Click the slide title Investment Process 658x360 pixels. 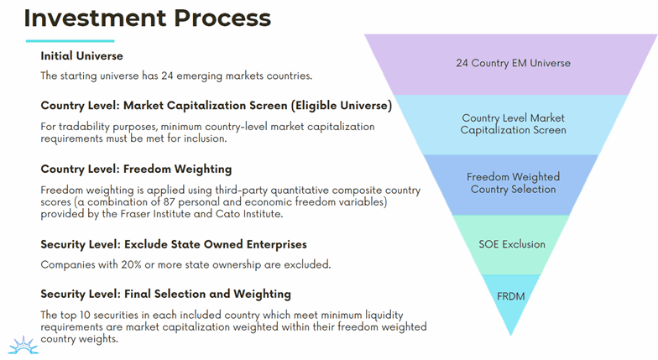click(x=147, y=18)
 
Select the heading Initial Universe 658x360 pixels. click(x=81, y=56)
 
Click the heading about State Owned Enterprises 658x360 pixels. click(x=173, y=244)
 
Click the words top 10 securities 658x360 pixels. click(x=101, y=315)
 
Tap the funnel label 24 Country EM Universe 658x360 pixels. click(x=512, y=63)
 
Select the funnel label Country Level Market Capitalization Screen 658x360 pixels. click(x=513, y=124)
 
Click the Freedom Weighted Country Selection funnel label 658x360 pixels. click(x=513, y=183)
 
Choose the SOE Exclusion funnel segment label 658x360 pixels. click(x=513, y=244)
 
